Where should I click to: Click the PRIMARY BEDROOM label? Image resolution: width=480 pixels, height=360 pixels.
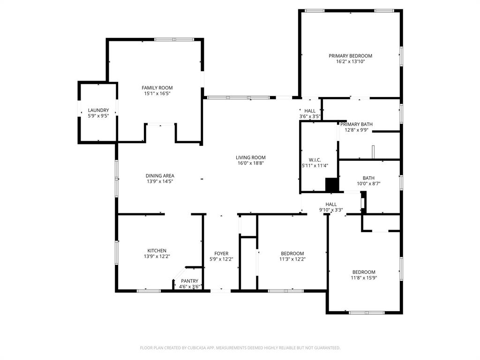point(350,56)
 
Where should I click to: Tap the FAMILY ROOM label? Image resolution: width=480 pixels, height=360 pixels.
point(157,88)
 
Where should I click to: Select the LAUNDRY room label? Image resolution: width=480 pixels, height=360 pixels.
point(98,110)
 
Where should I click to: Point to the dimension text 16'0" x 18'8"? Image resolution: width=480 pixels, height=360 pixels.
point(250,163)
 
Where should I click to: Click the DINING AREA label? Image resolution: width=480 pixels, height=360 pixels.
point(159,176)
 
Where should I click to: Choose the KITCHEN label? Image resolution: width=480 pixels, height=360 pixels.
point(157,251)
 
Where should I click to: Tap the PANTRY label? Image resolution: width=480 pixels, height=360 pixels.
point(190,281)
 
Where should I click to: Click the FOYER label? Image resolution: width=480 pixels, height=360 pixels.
point(221,254)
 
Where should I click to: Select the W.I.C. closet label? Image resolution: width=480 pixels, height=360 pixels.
point(315,159)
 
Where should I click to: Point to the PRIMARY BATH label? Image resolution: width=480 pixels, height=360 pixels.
point(356,124)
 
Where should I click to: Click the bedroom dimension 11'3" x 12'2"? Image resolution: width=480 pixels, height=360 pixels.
point(292,259)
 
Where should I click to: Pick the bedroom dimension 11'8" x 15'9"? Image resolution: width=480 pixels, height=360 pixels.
point(364,277)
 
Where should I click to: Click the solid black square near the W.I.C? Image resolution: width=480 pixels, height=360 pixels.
point(332,185)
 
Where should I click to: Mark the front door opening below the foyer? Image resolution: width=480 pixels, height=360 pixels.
point(220,291)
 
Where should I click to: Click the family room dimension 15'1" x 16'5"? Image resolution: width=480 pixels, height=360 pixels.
point(157,93)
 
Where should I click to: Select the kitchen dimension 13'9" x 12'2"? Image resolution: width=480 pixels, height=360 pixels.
point(157,256)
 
